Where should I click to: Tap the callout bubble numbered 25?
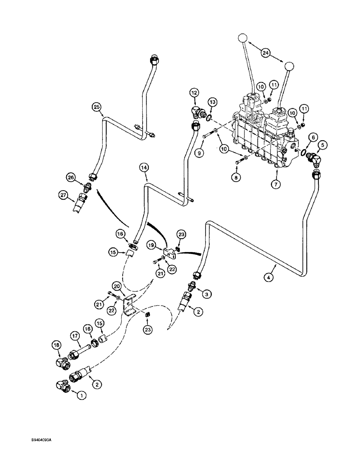(97, 107)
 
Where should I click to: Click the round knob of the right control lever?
(288, 68)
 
